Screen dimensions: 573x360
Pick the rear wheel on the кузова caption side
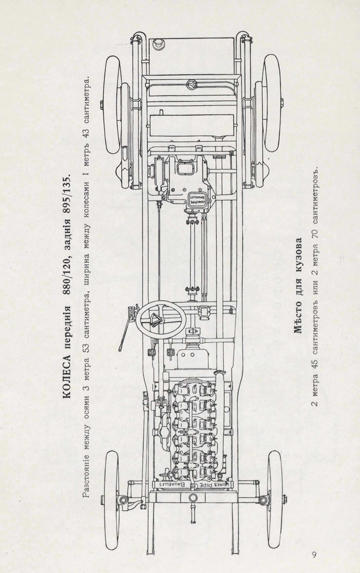(271, 103)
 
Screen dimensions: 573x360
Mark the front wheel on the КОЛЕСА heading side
(112, 499)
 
